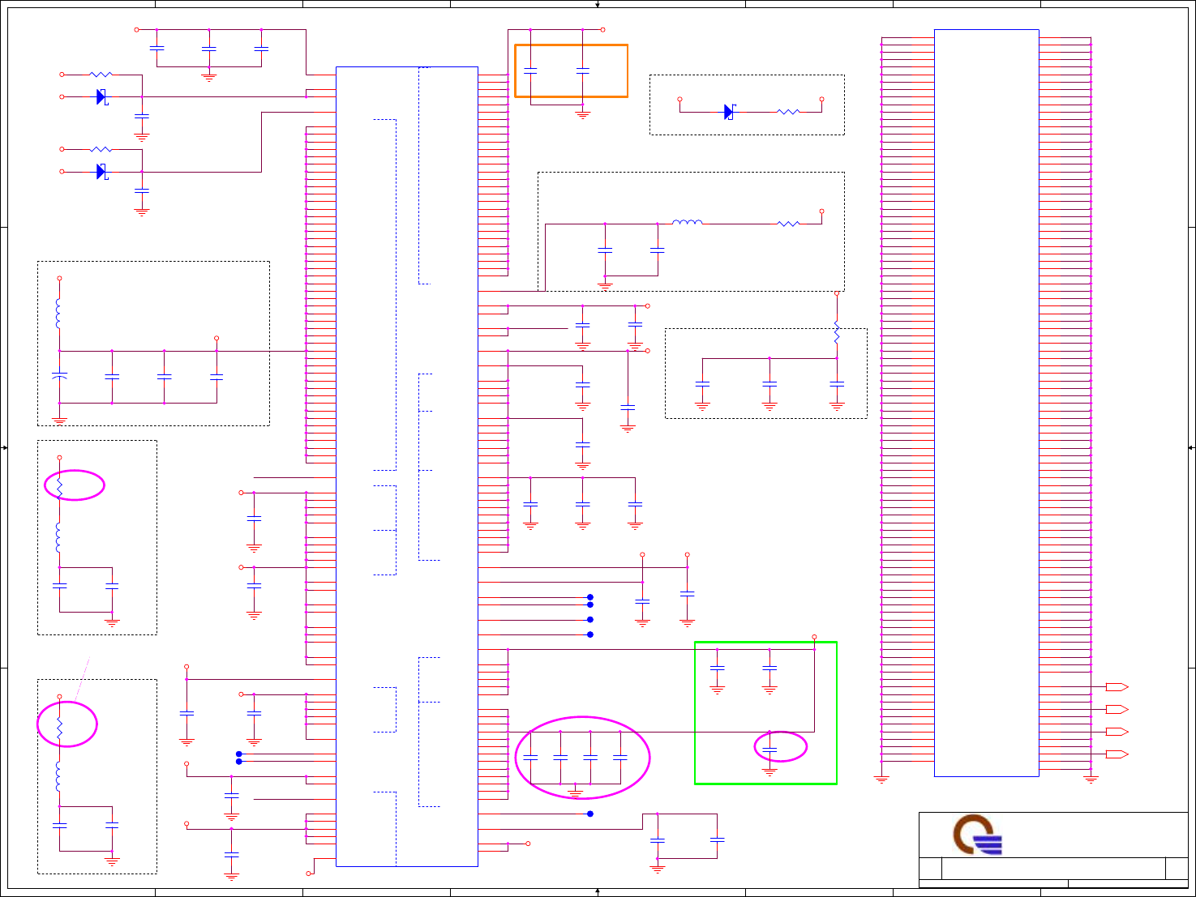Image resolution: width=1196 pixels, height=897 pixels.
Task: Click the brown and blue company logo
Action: (x=977, y=835)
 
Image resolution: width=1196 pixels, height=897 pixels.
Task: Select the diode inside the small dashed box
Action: (x=729, y=112)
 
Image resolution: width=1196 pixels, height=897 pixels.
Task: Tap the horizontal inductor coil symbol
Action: (x=688, y=222)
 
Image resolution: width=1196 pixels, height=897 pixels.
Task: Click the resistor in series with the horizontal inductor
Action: (x=788, y=224)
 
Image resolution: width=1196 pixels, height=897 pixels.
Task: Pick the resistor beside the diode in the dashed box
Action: (x=788, y=112)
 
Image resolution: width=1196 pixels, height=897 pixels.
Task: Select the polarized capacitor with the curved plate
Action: (x=59, y=377)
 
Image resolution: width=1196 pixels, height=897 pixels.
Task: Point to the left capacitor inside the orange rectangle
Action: (x=530, y=71)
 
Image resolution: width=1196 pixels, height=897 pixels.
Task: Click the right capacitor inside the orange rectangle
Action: (x=582, y=71)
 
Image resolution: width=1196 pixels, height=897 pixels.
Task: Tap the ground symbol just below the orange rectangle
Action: (x=582, y=115)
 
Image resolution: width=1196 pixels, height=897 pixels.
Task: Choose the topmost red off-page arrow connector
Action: (x=1117, y=687)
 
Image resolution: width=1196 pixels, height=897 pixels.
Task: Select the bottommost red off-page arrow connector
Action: (x=1117, y=754)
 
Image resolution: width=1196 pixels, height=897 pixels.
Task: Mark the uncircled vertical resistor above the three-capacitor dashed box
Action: (x=837, y=334)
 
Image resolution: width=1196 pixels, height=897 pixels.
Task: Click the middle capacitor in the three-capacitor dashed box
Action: (x=769, y=385)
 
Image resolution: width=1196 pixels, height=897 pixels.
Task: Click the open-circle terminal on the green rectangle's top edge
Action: (x=814, y=637)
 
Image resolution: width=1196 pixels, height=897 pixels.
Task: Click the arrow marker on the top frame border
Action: (x=598, y=5)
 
